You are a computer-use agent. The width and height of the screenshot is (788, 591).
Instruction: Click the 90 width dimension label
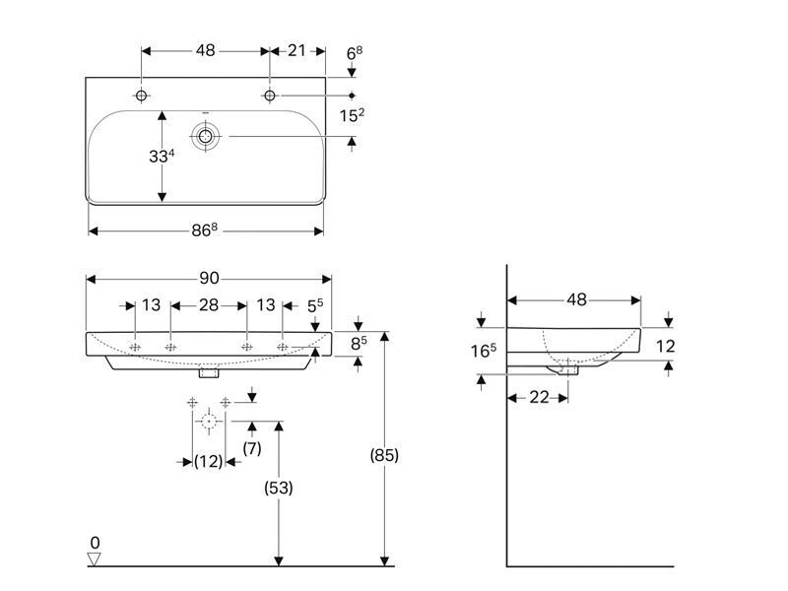(209, 278)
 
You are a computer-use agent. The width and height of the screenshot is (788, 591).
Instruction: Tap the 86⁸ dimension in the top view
(205, 230)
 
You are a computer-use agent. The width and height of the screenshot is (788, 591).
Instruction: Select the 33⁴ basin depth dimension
(162, 156)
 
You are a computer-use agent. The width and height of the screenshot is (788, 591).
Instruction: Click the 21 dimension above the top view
(296, 50)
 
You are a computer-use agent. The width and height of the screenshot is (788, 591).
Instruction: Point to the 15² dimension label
(352, 115)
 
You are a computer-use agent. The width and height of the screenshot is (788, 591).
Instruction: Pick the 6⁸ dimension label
(355, 53)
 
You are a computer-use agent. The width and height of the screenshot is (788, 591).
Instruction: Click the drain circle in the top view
(205, 136)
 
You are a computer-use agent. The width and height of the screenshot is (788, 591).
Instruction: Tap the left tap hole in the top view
(141, 95)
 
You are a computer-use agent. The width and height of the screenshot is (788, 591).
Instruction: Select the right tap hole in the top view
(270, 95)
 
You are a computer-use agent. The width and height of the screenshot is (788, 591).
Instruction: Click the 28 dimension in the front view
(209, 304)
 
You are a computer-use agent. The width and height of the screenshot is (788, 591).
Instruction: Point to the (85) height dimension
(384, 455)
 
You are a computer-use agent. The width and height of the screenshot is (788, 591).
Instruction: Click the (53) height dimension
(279, 488)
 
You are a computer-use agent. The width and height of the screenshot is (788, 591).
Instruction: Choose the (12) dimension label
(209, 461)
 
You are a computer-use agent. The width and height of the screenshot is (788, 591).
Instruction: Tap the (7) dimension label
(252, 448)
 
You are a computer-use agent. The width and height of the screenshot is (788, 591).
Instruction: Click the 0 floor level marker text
(95, 543)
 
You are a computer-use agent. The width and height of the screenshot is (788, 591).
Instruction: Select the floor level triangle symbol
(94, 559)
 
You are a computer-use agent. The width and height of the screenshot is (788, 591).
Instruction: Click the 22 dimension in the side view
(539, 397)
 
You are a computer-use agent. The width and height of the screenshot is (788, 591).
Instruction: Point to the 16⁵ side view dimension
(484, 351)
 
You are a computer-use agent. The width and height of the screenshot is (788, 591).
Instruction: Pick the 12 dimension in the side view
(665, 346)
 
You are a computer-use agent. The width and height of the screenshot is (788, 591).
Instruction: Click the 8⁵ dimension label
(359, 343)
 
